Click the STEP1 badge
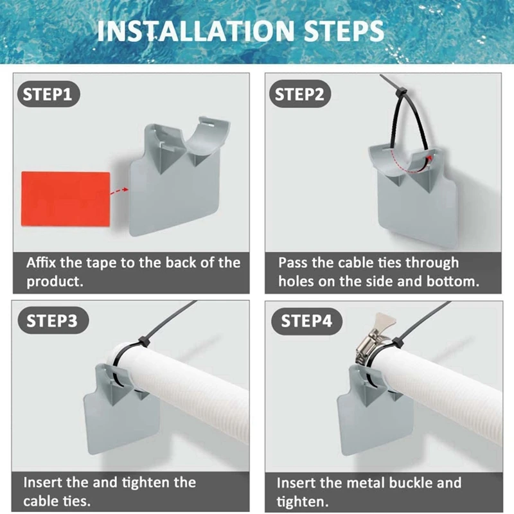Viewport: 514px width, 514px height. [x=48, y=94]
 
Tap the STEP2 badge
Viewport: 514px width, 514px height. [x=300, y=94]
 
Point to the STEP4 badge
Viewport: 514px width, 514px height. [x=306, y=321]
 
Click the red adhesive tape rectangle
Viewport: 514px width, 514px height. [x=66, y=199]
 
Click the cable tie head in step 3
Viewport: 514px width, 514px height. [x=144, y=341]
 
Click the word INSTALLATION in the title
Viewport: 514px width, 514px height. [x=196, y=31]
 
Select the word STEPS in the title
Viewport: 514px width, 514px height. [x=344, y=31]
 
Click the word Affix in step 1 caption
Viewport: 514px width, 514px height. [x=41, y=263]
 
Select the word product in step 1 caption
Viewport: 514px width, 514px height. [x=55, y=281]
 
